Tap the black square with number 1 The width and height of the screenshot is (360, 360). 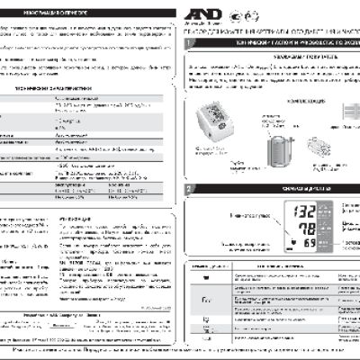pyautogui.click(x=186, y=42)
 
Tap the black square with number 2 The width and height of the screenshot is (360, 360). pyautogui.click(x=186, y=189)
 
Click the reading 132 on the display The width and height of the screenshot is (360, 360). pyautogui.click(x=304, y=212)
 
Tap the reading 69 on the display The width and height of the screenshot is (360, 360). pyautogui.click(x=309, y=245)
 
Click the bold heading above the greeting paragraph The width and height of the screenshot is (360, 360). pyautogui.click(x=269, y=56)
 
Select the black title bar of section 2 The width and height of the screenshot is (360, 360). pyautogui.click(x=270, y=189)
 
